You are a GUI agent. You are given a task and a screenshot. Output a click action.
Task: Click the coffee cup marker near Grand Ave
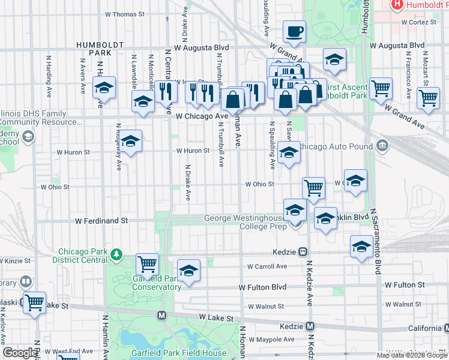pos(294,31)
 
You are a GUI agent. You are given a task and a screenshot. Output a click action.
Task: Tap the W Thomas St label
pos(125,13)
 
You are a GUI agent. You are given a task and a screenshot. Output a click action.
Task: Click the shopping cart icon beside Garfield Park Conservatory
pos(147,263)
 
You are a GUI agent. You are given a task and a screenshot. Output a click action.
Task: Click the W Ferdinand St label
pos(101,221)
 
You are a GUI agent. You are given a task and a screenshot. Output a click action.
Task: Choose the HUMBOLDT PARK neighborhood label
pos(100,49)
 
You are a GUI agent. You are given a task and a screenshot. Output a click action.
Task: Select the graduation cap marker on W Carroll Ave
pos(188,271)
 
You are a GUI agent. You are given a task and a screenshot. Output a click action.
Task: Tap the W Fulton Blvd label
pos(263,288)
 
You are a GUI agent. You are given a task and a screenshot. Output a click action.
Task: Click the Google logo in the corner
pos(20,353)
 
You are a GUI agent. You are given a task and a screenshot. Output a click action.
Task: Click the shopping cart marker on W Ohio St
pos(313,188)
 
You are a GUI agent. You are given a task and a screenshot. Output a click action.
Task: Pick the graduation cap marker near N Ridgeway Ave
pos(130,142)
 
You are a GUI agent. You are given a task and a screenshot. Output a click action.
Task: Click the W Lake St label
pos(215,316)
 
